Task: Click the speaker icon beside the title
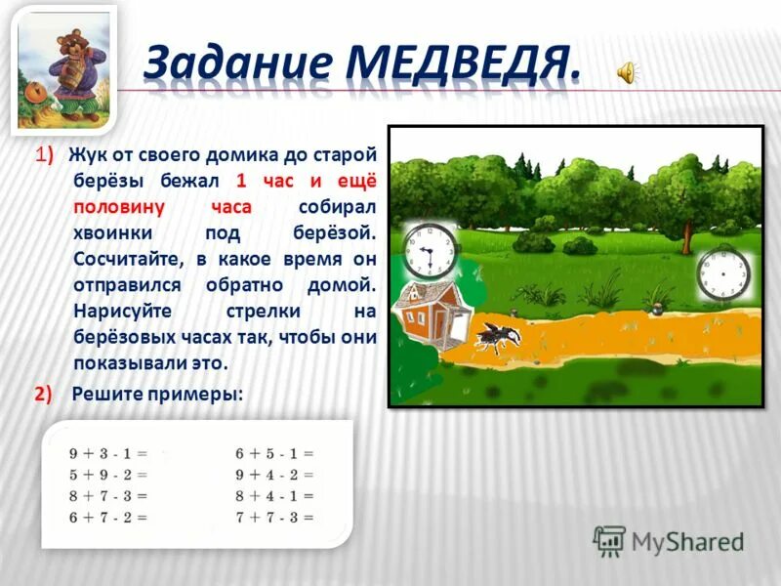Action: click(627, 70)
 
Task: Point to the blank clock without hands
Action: click(724, 274)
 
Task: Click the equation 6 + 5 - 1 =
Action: click(274, 454)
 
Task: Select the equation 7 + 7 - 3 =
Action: click(274, 518)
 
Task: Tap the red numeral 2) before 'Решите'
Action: click(41, 394)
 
